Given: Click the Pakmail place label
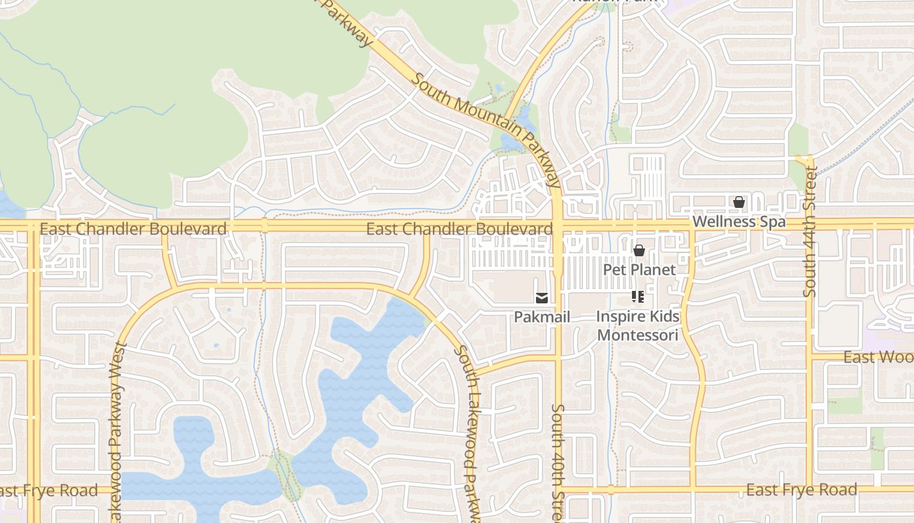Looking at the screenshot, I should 542,317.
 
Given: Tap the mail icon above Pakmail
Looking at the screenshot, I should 541,299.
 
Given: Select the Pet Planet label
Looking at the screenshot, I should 638,269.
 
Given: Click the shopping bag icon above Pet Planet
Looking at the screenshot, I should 638,250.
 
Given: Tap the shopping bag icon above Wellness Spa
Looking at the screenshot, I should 738,203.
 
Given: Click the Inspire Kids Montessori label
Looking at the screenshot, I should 638,326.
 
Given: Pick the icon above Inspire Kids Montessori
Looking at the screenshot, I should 638,298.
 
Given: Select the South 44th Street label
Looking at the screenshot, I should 810,232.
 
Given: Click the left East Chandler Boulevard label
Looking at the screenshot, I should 133,229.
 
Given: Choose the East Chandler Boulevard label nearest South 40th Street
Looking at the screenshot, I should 459,229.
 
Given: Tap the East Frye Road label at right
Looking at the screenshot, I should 801,490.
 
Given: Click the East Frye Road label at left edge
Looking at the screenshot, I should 49,490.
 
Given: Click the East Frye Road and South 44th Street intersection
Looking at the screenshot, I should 810,489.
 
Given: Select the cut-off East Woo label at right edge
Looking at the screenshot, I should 878,357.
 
